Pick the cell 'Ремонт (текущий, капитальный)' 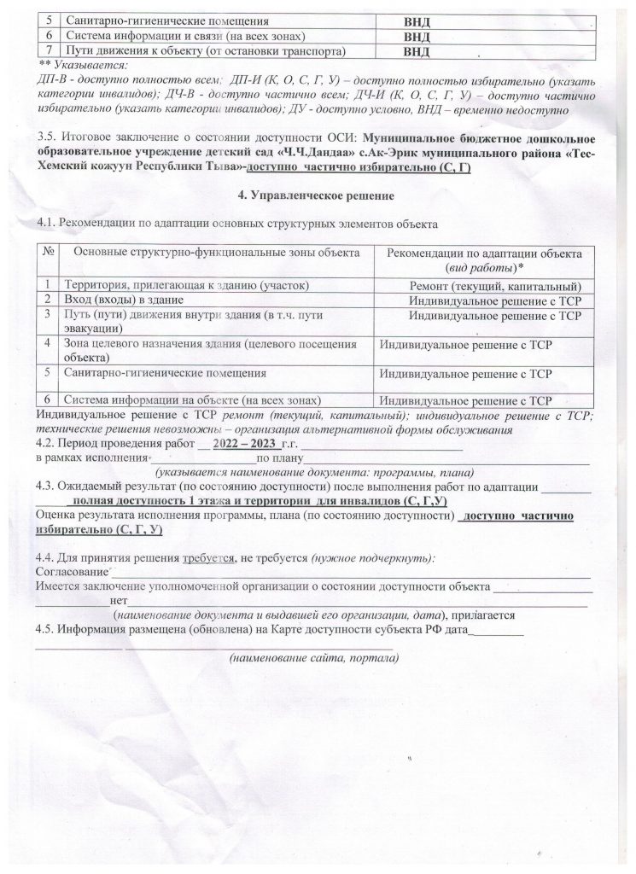tap(496, 285)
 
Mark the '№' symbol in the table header tap(50, 253)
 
